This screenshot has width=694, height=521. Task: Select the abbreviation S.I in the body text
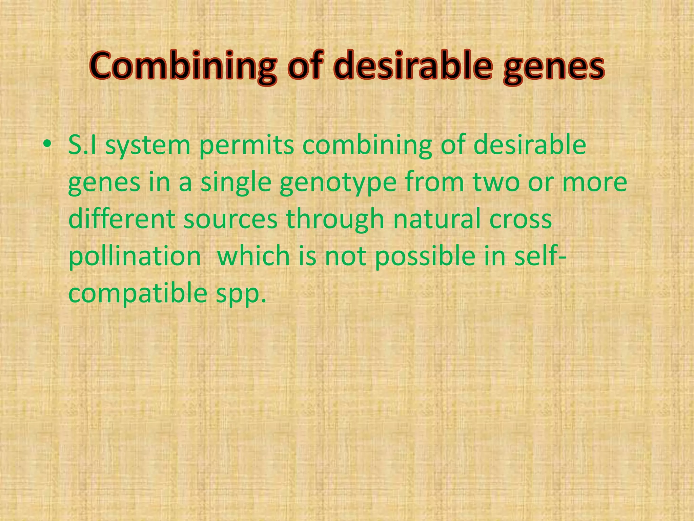tap(82, 145)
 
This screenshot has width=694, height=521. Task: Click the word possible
tap(425, 257)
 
